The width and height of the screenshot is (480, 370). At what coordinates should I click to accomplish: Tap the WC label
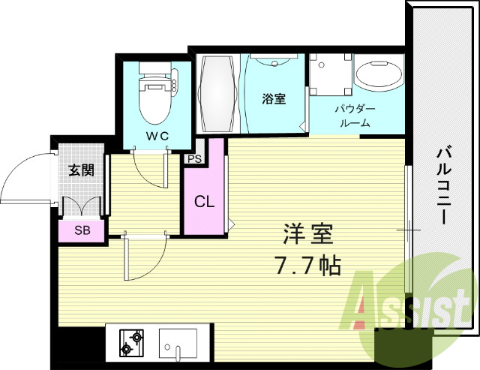(x=157, y=136)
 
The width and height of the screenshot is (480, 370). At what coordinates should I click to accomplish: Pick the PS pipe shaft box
(x=194, y=159)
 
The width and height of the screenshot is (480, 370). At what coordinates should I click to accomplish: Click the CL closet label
(x=203, y=202)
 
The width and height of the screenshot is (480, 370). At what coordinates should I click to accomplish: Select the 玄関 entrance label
(x=81, y=170)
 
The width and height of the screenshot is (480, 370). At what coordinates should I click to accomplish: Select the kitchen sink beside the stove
(x=178, y=344)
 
